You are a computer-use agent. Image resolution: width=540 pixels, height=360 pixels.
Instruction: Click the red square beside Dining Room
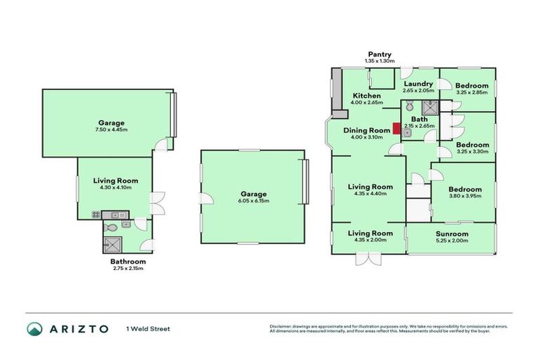(397, 129)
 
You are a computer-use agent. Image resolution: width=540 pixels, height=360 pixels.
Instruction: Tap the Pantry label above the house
(378, 54)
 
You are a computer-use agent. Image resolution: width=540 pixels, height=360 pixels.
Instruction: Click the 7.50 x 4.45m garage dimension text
(108, 129)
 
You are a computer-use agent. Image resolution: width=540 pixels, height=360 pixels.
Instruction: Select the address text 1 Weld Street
(148, 328)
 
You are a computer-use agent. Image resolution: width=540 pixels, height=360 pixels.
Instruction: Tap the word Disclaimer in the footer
(281, 326)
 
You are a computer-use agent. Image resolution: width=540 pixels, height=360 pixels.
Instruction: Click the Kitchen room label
(366, 96)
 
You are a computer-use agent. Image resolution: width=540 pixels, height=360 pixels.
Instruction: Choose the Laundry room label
(418, 84)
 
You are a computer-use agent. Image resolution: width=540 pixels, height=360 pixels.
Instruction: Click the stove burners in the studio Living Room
(96, 214)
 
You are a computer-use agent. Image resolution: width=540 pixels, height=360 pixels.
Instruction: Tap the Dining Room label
(366, 130)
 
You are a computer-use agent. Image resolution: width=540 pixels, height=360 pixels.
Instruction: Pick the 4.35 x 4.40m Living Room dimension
(371, 194)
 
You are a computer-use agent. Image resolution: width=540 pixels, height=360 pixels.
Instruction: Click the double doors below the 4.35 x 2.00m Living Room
(367, 260)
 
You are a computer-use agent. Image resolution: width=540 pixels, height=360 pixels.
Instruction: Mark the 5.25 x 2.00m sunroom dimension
(451, 241)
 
